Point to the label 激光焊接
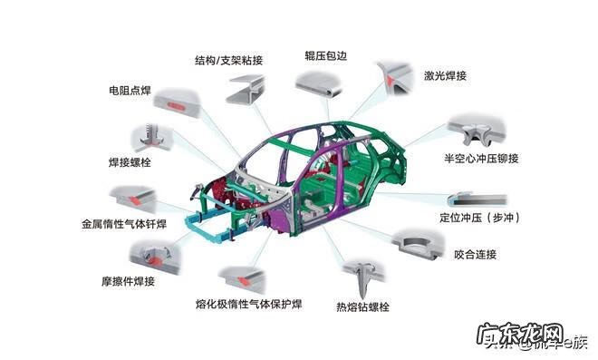pos(445,76)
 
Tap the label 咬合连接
pos(472,255)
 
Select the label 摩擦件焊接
pos(128,280)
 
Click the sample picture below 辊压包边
pos(323,85)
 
